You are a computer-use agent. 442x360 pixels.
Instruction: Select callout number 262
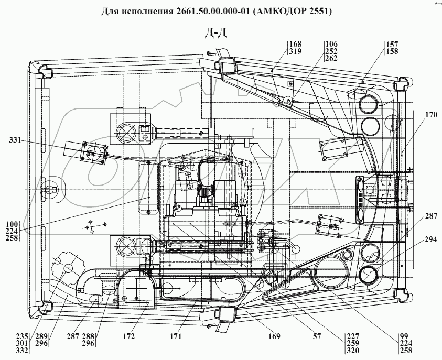(331, 60)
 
